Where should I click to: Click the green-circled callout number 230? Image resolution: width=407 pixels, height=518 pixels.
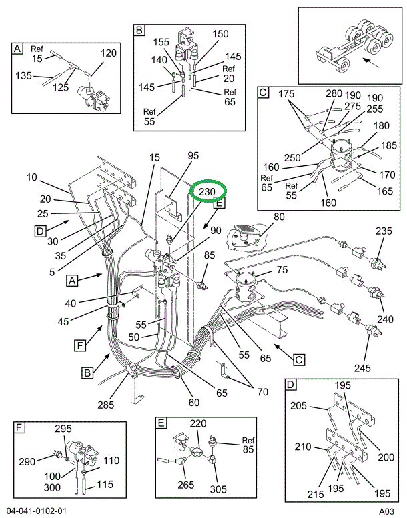(x=207, y=192)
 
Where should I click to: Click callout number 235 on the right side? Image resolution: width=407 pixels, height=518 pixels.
(x=384, y=231)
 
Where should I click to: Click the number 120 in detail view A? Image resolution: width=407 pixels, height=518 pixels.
(x=108, y=53)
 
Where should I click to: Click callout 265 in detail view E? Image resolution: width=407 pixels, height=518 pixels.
(x=186, y=485)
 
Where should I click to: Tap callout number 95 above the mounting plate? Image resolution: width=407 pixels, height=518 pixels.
(x=193, y=156)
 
